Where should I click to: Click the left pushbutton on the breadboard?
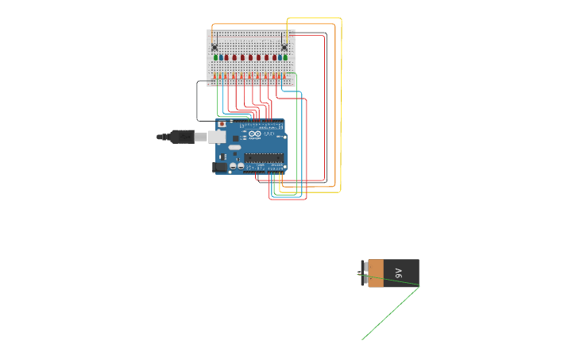(215, 47)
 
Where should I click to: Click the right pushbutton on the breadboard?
(284, 47)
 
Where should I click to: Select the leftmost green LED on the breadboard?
(216, 57)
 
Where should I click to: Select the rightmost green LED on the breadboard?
(284, 57)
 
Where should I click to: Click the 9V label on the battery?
(399, 273)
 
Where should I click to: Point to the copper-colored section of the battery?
(376, 273)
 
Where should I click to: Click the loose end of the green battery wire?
(363, 339)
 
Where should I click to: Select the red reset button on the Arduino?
(222, 125)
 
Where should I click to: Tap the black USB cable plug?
(182, 137)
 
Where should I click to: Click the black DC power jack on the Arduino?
(219, 167)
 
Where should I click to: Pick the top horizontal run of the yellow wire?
(314, 18)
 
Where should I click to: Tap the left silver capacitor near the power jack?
(233, 166)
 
